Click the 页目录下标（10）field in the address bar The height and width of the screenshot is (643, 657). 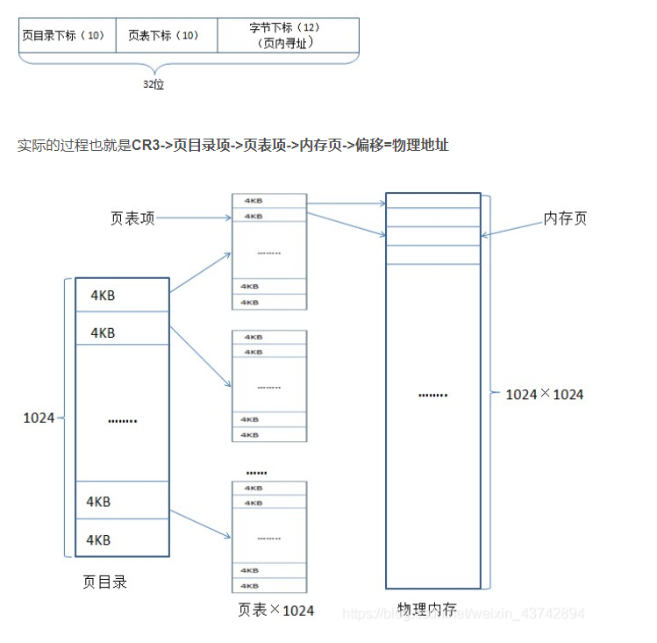pyautogui.click(x=67, y=36)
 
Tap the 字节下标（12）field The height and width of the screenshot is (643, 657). pyautogui.click(x=287, y=35)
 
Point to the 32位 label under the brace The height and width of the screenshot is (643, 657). pyautogui.click(x=154, y=85)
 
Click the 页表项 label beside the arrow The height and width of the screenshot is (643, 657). pyautogui.click(x=132, y=218)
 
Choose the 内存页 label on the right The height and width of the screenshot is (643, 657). pyautogui.click(x=565, y=218)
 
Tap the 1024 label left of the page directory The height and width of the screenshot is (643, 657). pyautogui.click(x=39, y=418)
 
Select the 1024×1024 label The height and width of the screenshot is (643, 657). pyautogui.click(x=545, y=394)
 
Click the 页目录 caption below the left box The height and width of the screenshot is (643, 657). pyautogui.click(x=104, y=582)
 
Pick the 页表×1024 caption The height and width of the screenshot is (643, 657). pyautogui.click(x=275, y=609)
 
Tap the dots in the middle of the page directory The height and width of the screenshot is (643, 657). pyautogui.click(x=122, y=420)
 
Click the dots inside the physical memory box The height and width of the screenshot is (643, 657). pyautogui.click(x=432, y=394)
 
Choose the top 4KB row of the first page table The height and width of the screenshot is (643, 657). pyautogui.click(x=269, y=201)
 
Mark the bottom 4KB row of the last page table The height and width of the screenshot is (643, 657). pyautogui.click(x=269, y=584)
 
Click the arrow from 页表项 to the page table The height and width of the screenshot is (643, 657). pyautogui.click(x=193, y=218)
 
